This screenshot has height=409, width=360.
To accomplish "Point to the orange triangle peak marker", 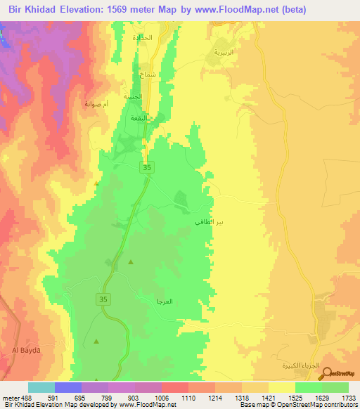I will pyautogui.click(x=96, y=183).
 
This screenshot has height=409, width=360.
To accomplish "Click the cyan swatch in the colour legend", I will pyautogui.click(x=41, y=387).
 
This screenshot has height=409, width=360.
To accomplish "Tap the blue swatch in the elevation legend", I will pyautogui.click(x=68, y=387).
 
